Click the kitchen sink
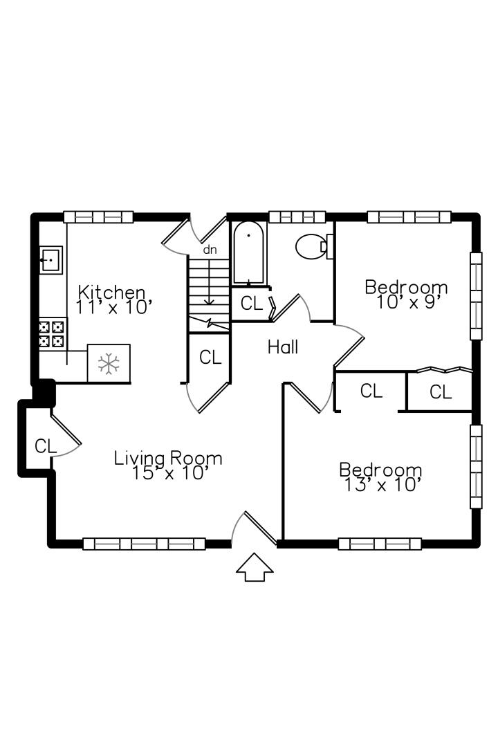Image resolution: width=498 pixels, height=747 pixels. pos(50,260)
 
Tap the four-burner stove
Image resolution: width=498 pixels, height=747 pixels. pos(51,333)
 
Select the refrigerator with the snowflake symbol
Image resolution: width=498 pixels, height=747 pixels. pos(109,363)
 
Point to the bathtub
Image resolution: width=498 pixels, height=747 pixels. pos(248,252)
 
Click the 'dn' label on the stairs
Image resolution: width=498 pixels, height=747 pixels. pos(210,250)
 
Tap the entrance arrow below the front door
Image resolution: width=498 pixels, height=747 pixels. pos(255,567)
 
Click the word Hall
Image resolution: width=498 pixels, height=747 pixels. pos(283,347)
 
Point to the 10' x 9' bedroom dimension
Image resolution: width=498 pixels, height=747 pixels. pos(407,302)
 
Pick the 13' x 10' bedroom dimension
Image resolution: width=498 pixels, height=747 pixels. pos(382,485)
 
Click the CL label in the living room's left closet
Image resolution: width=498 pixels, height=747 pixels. pos(46,446)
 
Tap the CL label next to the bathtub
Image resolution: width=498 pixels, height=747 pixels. pos(252,304)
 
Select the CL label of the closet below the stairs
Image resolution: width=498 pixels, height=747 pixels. pos(210,358)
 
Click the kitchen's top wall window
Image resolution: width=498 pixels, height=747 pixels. pos(98,216)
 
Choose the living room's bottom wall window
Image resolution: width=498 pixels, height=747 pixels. pos(145,544)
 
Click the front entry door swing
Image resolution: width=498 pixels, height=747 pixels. pos(254,529)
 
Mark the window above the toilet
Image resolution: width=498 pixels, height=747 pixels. pos(297,216)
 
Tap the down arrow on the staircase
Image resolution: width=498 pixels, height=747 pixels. pos(209,281)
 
